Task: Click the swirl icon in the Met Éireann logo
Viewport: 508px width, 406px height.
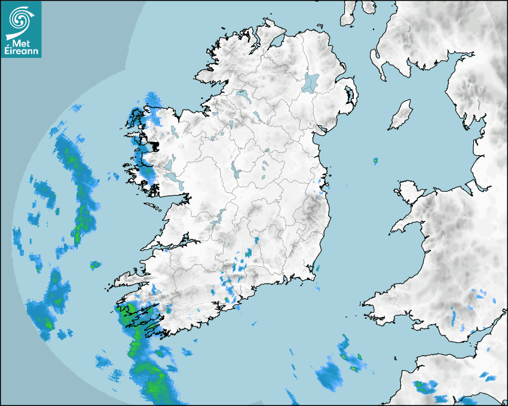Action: [20, 19]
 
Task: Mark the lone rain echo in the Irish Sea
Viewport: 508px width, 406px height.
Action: [375, 161]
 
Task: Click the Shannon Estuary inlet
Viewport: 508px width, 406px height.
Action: [173, 244]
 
